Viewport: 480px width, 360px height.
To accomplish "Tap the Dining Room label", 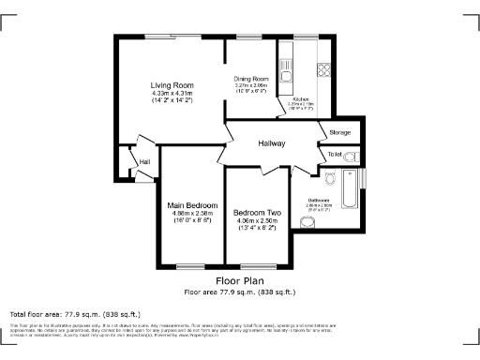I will click(x=251, y=79).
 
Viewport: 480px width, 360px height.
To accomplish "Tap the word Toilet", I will click(x=335, y=154).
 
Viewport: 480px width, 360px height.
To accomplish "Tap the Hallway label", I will click(x=272, y=142).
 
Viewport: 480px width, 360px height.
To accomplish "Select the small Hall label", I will click(x=144, y=162).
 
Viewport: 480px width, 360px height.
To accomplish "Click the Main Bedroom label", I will click(x=192, y=205).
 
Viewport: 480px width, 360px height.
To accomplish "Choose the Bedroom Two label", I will click(x=257, y=213).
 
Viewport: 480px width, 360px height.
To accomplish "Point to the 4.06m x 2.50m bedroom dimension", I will click(x=257, y=221).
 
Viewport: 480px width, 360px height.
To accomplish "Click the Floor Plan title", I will click(x=240, y=280).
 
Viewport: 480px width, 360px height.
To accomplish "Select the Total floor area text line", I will click(x=75, y=313).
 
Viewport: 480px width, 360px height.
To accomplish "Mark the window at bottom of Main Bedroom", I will click(x=191, y=265).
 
